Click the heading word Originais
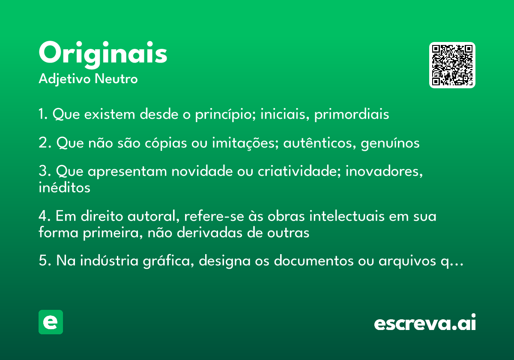point(103,55)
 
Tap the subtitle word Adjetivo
point(65,79)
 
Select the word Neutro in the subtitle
point(116,79)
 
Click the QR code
point(452,65)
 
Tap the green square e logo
point(51,322)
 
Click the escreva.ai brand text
point(425,322)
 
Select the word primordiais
point(352,114)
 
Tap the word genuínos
point(390,143)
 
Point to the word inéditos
point(65,187)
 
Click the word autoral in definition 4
point(153,216)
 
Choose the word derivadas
point(209,233)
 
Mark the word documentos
point(314,261)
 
